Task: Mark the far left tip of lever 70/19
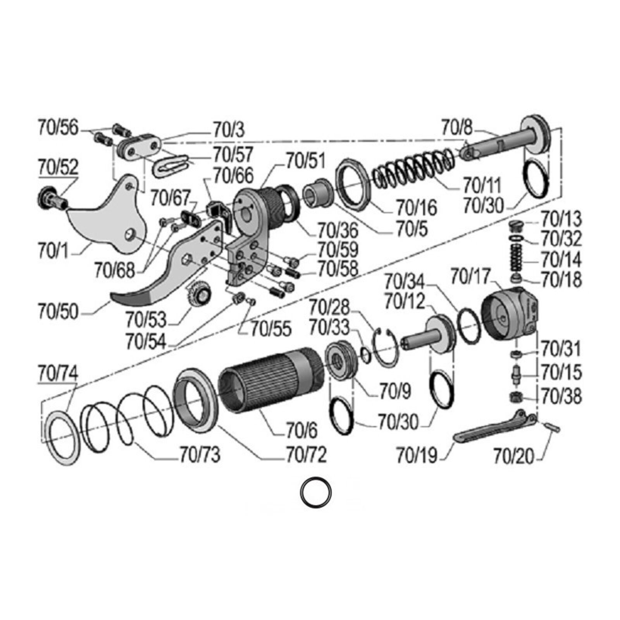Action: [454, 438]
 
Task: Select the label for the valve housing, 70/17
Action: [470, 276]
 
